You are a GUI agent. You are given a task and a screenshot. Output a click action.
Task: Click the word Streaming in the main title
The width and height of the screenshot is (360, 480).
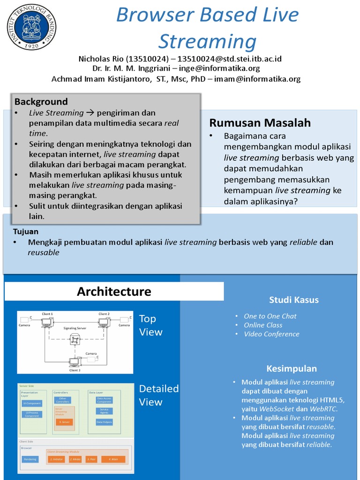[207, 41]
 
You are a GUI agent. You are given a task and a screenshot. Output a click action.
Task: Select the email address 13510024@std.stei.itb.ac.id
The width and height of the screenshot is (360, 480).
[230, 59]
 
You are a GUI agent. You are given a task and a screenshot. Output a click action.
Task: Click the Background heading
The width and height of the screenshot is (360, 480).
[41, 102]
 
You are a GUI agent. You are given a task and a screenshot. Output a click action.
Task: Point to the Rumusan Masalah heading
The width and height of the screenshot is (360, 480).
[260, 123]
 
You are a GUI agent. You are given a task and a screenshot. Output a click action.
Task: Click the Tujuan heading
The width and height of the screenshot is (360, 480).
[26, 232]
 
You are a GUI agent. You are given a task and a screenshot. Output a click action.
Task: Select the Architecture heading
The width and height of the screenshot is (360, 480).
[114, 291]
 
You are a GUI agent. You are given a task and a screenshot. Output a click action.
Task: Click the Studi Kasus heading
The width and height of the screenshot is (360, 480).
[293, 300]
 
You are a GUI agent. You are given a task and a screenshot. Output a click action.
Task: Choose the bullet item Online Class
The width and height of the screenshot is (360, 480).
[263, 325]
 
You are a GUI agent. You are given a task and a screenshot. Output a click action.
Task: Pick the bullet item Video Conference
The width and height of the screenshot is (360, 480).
[271, 334]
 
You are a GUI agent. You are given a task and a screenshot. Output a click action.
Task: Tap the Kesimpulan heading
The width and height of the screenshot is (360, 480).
[292, 368]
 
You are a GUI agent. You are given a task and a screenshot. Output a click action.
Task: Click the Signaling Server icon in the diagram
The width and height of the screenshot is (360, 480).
[75, 340]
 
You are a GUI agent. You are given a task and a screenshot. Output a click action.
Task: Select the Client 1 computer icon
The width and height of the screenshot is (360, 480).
[47, 322]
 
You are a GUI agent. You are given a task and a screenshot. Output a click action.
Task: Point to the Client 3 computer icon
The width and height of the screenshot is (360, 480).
[74, 362]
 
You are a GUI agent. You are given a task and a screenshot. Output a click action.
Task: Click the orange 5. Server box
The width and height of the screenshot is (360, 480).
[64, 422]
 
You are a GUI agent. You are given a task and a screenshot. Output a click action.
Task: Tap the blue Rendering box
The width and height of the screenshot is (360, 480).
[30, 459]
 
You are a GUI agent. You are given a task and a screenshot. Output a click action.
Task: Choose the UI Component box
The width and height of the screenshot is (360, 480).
[32, 403]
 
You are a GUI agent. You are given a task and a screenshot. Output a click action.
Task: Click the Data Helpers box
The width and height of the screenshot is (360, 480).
[104, 422]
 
